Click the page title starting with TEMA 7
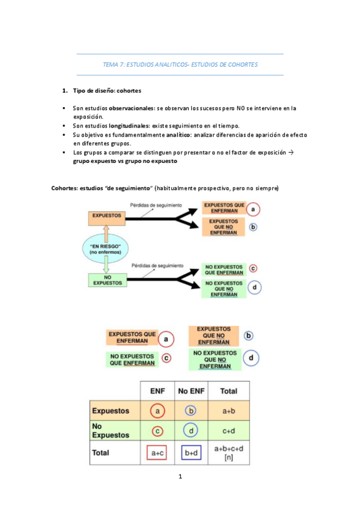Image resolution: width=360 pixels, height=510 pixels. click(180, 64)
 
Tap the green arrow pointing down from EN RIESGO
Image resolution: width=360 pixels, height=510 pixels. click(105, 265)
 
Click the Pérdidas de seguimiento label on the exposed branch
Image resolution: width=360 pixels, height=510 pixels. click(156, 205)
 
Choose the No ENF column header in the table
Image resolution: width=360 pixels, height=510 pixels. click(192, 390)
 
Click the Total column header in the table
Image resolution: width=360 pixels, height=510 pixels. click(228, 390)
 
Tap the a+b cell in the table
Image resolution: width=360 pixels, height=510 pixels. click(228, 411)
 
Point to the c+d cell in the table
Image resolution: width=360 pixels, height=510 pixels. click(228, 431)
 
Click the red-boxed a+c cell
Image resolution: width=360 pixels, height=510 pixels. click(157, 453)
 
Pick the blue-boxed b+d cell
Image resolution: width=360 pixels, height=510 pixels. click(192, 453)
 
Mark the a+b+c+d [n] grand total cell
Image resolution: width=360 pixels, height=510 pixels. click(228, 453)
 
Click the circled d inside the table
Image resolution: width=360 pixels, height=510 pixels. click(192, 431)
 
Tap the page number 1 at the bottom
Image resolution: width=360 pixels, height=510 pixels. click(179, 478)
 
